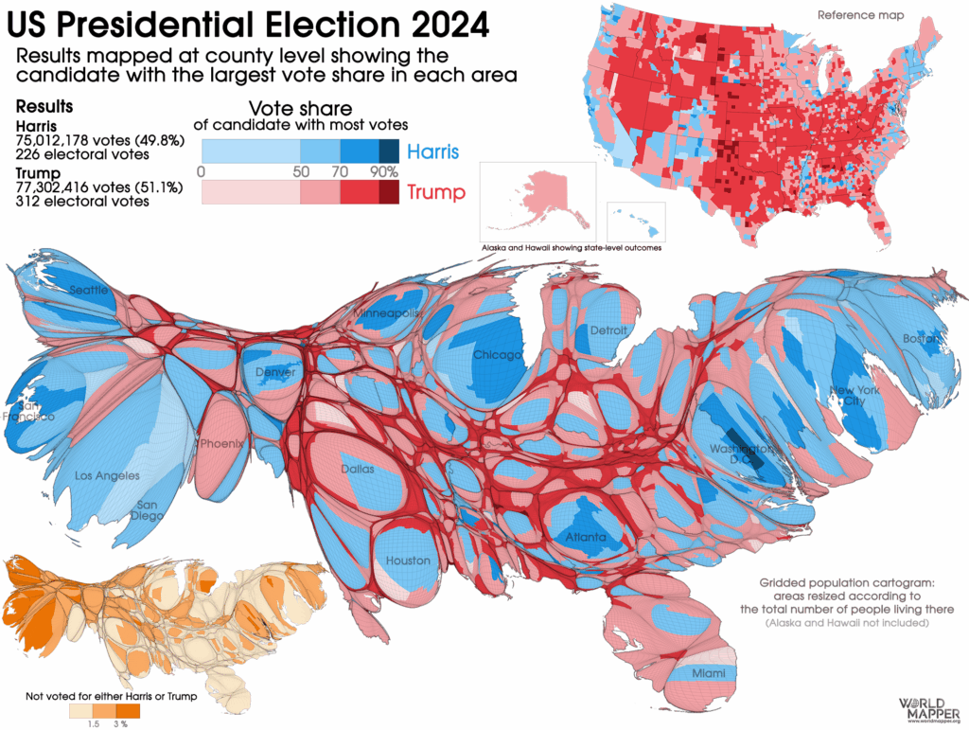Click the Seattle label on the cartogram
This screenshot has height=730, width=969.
(x=90, y=290)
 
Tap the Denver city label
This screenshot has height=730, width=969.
(x=275, y=372)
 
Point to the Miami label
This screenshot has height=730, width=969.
(x=708, y=673)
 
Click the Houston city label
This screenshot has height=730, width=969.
(x=408, y=561)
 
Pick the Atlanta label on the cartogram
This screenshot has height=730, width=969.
(x=586, y=538)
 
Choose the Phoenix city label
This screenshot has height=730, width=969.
(x=222, y=442)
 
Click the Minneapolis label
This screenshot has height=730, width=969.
(x=386, y=312)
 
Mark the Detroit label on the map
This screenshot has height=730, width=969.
(x=608, y=330)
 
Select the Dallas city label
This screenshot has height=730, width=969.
(x=357, y=469)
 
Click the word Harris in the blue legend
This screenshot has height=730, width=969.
(x=433, y=151)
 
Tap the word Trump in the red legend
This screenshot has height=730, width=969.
(x=436, y=193)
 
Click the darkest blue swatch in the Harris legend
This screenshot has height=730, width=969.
(x=389, y=151)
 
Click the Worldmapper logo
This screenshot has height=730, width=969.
(x=930, y=707)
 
